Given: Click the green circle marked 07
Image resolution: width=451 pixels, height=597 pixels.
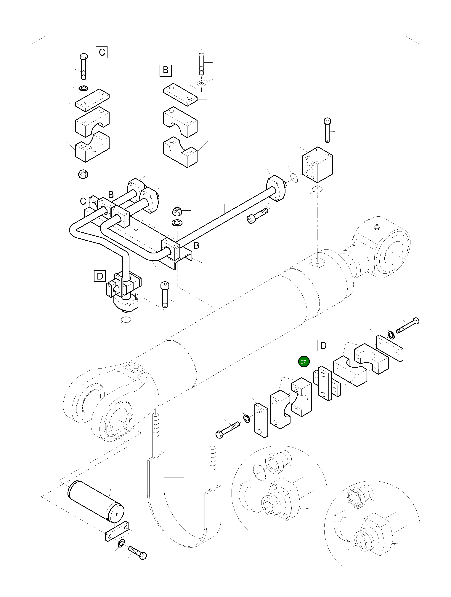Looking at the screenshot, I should click(x=304, y=362).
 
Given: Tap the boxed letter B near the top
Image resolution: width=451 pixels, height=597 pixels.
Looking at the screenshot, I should click(x=166, y=70).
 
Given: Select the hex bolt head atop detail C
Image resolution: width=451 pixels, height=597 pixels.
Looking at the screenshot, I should click(x=84, y=57).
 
